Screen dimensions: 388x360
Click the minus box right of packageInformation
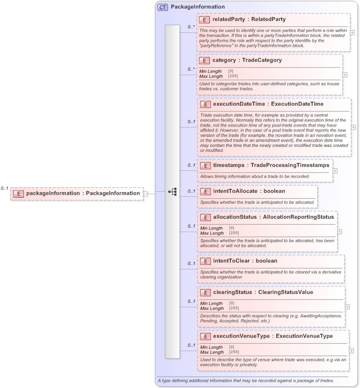[146, 193]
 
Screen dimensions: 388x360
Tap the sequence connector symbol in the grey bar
[173, 191]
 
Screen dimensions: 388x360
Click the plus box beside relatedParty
[353, 32]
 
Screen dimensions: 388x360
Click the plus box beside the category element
[345, 75]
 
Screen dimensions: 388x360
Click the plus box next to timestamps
[335, 170]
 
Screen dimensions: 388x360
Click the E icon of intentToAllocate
[204, 191]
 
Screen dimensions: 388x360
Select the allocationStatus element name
[233, 217]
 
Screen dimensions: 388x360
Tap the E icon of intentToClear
[204, 260]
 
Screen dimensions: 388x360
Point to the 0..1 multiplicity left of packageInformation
[4, 188]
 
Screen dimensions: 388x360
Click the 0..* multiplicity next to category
[191, 69]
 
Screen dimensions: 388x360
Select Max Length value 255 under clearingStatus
[233, 308]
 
